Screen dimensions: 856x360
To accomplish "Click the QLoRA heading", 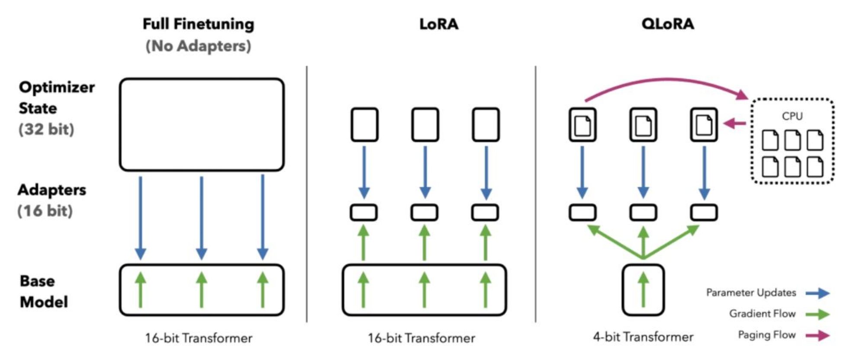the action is (x=668, y=24).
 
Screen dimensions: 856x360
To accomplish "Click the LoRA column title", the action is (x=439, y=24).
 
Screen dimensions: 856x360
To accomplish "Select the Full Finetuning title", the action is (x=199, y=24).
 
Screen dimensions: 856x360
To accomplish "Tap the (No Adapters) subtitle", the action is (x=198, y=46).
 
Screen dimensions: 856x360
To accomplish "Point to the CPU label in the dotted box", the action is (x=792, y=116).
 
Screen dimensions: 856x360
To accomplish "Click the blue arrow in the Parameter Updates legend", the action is (x=817, y=293).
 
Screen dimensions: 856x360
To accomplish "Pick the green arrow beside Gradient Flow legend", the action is (x=817, y=315).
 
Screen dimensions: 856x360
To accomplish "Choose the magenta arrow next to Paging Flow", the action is (x=817, y=335).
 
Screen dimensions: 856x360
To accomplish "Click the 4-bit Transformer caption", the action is (x=643, y=337).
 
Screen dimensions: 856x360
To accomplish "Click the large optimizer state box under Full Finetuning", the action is (x=120, y=125).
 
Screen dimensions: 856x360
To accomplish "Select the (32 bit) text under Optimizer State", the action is (x=46, y=129).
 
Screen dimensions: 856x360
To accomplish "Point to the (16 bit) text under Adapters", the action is (x=45, y=211).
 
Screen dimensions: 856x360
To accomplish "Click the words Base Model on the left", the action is (x=44, y=291).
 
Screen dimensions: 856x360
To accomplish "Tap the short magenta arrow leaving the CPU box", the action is (x=735, y=124).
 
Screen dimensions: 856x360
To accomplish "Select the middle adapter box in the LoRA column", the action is (x=424, y=213).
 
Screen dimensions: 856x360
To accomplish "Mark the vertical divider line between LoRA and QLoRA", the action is (x=535, y=194).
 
